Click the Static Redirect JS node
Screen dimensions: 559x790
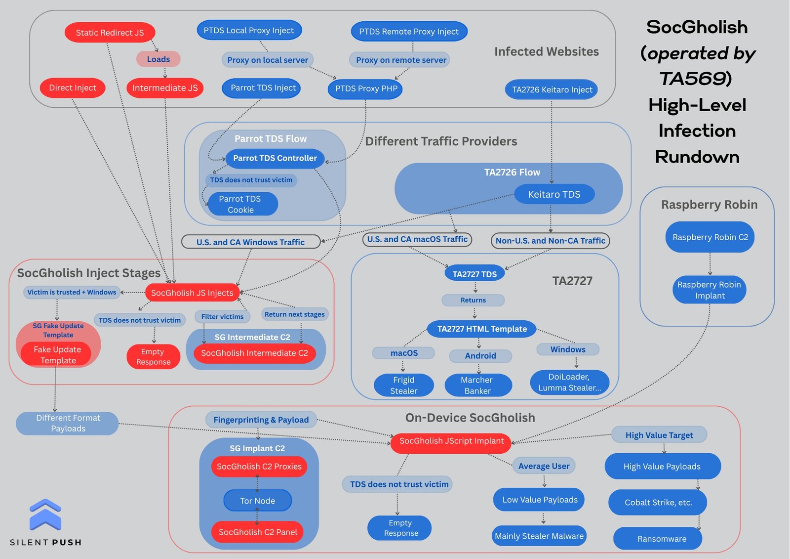(x=110, y=33)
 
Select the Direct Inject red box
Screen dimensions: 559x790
(x=73, y=88)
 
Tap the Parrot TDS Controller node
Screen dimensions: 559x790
(x=275, y=158)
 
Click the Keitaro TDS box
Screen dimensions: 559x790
(x=554, y=194)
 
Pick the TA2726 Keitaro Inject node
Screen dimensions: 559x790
(x=552, y=89)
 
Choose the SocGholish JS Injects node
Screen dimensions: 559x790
(x=192, y=293)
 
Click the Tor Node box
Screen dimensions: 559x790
(x=257, y=501)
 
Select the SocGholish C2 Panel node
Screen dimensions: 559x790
(x=258, y=532)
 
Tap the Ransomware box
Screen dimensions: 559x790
(x=662, y=539)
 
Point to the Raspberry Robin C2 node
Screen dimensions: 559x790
(x=710, y=237)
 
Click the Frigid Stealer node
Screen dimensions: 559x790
(x=404, y=386)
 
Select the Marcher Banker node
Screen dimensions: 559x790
(x=477, y=386)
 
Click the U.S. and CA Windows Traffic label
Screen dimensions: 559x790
(x=251, y=242)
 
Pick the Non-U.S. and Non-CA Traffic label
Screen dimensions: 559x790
(x=550, y=241)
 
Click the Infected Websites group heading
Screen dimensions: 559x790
(x=546, y=52)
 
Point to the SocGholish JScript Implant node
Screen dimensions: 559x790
(x=451, y=441)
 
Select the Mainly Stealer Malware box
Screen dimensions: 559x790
(x=539, y=536)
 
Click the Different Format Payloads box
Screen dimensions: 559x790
(x=68, y=424)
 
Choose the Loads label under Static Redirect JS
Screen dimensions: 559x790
(x=158, y=59)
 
